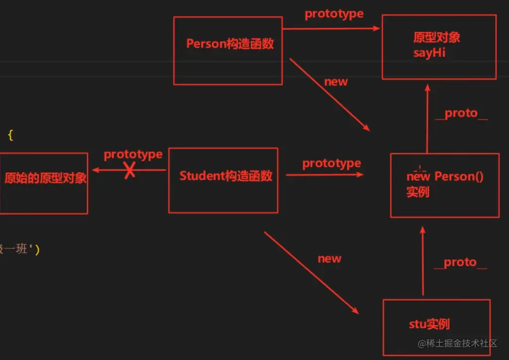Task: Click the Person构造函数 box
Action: click(228, 50)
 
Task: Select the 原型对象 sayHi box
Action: click(439, 47)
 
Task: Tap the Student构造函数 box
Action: click(223, 180)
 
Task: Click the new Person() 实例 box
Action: click(445, 185)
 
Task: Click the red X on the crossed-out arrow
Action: click(129, 171)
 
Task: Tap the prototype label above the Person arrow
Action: click(334, 14)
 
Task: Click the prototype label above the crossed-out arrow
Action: click(133, 154)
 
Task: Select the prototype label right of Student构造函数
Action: click(331, 163)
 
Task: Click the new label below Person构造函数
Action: click(336, 82)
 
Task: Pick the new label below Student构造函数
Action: click(329, 259)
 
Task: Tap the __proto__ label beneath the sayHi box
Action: click(461, 113)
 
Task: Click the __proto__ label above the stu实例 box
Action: click(460, 262)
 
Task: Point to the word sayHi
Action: click(429, 53)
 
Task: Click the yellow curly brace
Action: click(10, 135)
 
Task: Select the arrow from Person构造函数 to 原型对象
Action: click(331, 29)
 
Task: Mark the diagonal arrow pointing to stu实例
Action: click(311, 272)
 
